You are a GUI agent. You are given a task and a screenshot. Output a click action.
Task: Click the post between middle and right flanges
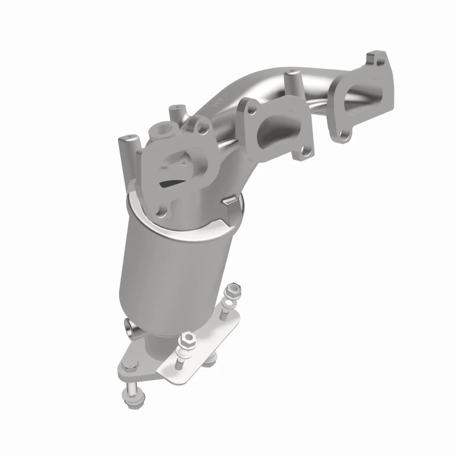click(292, 79)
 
